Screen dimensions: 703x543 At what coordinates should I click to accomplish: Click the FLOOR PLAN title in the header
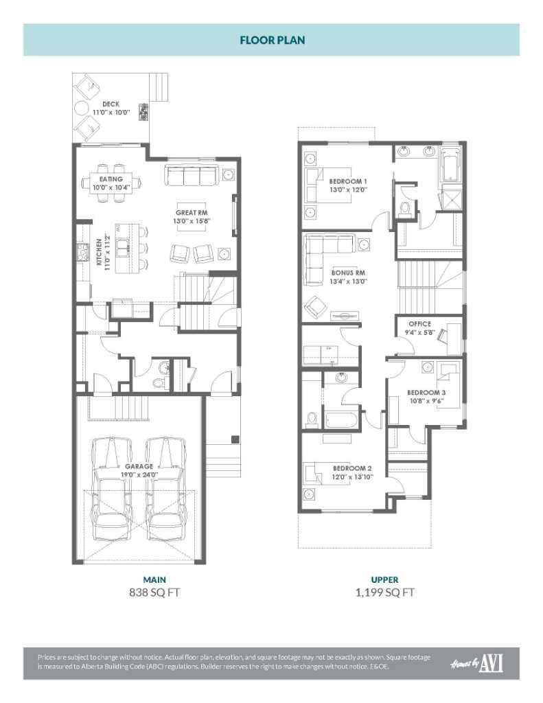pyautogui.click(x=272, y=40)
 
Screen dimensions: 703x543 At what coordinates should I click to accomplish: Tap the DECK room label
pyautogui.click(x=111, y=104)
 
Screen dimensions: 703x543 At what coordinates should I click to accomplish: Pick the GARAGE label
pyautogui.click(x=139, y=466)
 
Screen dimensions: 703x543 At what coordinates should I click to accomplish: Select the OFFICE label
pyautogui.click(x=419, y=323)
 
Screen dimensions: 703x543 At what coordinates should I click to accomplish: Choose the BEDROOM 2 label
pyautogui.click(x=352, y=468)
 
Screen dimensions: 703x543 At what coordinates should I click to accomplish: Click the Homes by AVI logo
pyautogui.click(x=479, y=662)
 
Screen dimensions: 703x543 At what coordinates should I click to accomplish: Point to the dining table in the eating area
pyautogui.click(x=113, y=183)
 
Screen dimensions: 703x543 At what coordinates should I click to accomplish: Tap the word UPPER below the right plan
pyautogui.click(x=384, y=579)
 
